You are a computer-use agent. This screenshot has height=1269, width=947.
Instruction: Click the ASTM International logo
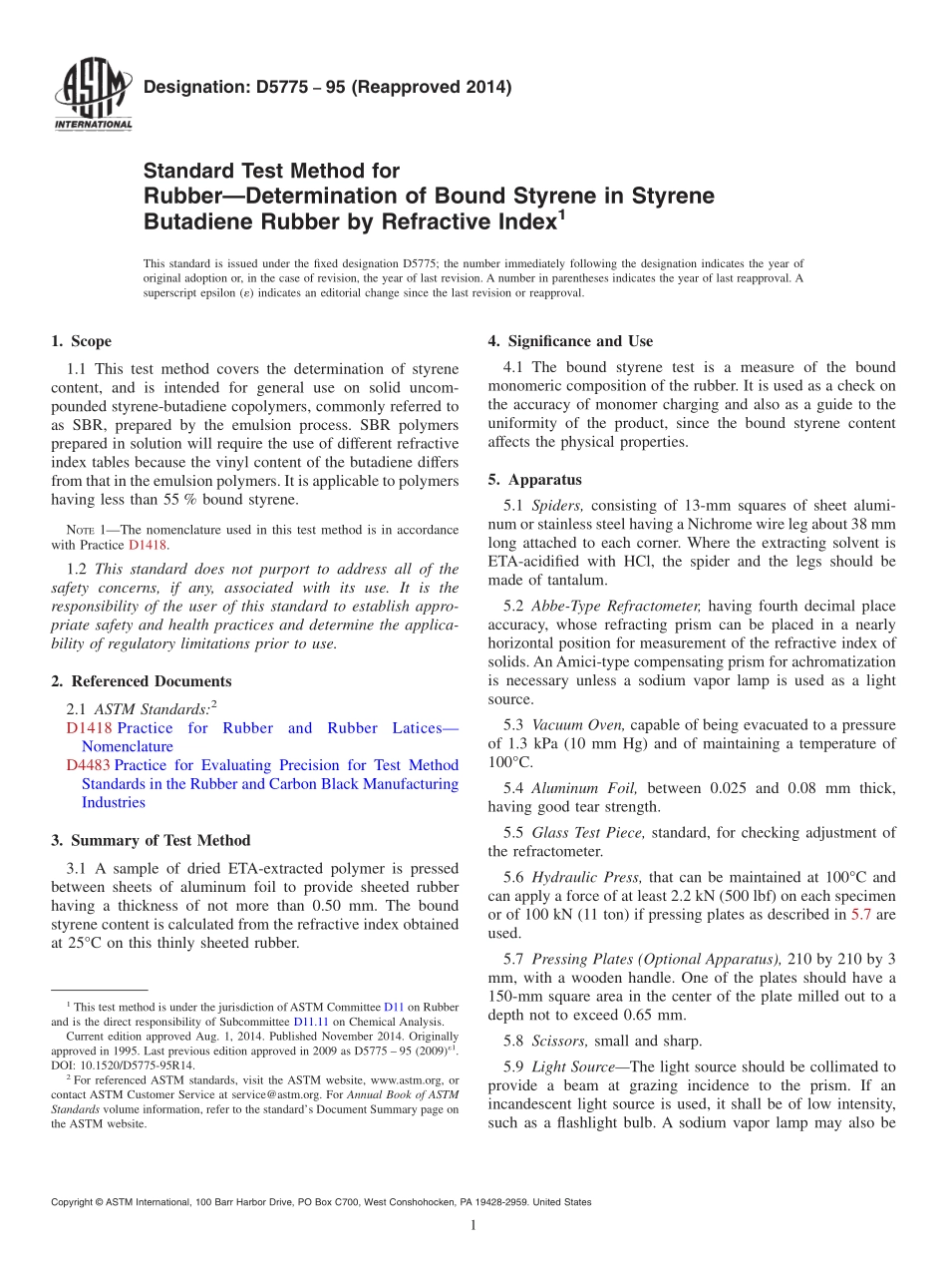tap(92, 94)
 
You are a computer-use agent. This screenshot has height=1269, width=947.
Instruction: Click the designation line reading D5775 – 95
tap(327, 87)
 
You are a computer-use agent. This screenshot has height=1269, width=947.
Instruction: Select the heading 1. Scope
tap(82, 341)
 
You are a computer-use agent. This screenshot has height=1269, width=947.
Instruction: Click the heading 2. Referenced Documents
tap(142, 681)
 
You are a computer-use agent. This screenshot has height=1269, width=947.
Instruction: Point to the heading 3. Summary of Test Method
tap(151, 840)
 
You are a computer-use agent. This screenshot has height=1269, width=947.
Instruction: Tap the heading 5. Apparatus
tap(534, 479)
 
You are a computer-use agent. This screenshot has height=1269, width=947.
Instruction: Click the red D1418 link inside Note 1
tap(148, 546)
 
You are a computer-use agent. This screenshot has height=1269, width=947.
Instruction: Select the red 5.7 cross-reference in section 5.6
tap(860, 914)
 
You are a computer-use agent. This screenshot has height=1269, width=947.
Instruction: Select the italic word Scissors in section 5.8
tap(560, 1041)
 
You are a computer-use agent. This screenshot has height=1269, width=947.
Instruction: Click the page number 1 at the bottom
tap(473, 1226)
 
